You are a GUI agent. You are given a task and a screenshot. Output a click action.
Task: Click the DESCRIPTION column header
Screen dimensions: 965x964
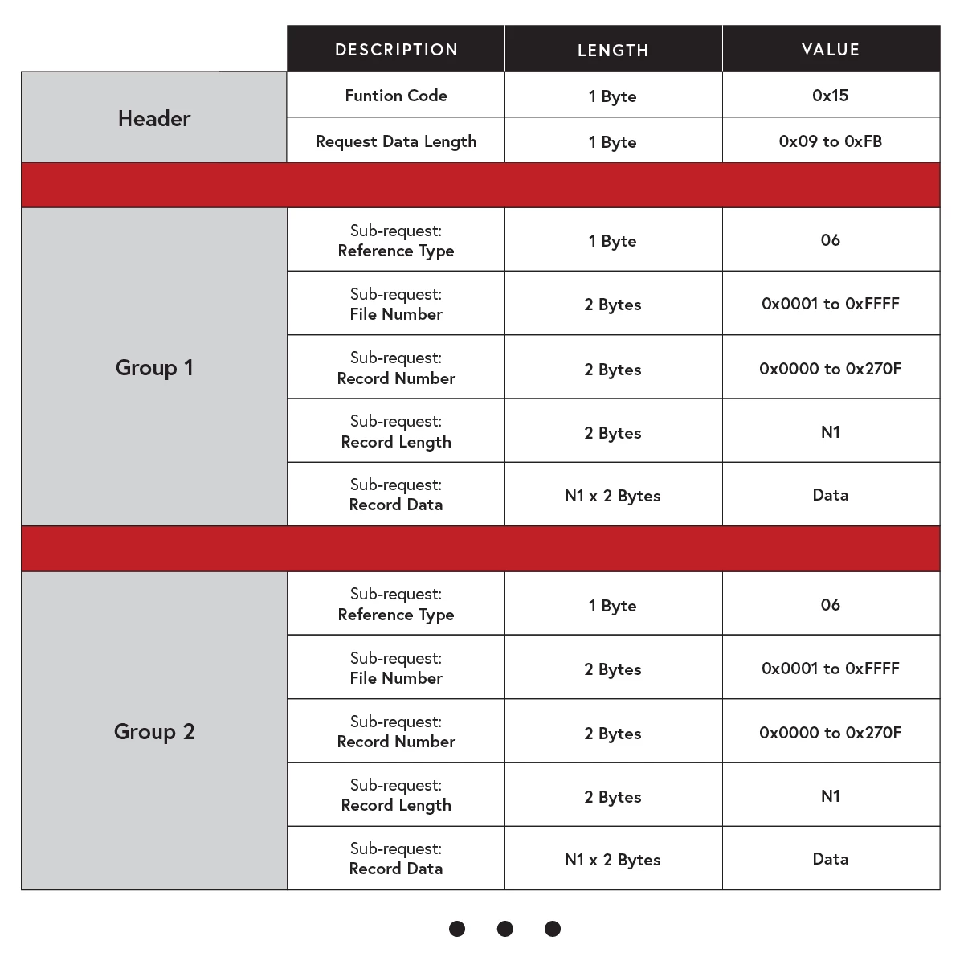[396, 50]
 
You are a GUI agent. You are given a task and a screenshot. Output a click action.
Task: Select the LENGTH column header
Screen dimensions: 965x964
[613, 50]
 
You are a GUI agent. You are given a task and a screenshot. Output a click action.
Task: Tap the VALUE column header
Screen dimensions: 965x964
[831, 50]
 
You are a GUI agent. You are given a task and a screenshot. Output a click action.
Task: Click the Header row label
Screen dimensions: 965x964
[154, 118]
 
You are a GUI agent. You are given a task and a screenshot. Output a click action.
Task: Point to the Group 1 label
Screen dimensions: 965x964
[154, 367]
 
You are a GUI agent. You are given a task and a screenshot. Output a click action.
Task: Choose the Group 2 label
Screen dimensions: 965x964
[154, 731]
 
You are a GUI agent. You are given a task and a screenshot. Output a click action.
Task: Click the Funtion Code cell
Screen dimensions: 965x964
[396, 96]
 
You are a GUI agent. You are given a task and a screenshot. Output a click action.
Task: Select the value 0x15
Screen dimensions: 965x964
[831, 96]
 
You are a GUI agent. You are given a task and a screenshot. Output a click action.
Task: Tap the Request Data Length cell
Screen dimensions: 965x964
[396, 141]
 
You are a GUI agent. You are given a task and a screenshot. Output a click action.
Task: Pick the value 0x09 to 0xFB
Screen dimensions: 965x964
[831, 141]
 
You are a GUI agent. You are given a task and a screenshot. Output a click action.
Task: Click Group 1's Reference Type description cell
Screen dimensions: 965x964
[396, 241]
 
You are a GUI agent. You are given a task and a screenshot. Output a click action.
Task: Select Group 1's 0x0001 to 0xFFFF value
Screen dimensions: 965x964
[831, 304]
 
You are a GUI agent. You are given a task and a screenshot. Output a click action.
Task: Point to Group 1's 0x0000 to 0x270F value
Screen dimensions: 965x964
[831, 369]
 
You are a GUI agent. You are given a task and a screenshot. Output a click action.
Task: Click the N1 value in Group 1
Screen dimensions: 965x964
[831, 432]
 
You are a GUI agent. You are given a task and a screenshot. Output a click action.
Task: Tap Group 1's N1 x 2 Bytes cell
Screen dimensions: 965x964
[613, 496]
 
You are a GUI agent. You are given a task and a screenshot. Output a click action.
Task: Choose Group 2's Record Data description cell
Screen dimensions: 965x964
[396, 859]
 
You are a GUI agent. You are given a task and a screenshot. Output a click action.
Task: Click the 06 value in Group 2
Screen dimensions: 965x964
[831, 605]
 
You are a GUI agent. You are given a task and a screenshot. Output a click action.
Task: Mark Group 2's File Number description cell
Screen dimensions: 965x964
[396, 669]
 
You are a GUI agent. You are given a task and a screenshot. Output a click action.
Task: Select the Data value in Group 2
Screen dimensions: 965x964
[831, 859]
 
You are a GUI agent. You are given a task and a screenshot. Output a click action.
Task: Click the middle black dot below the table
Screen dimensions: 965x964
[504, 929]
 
